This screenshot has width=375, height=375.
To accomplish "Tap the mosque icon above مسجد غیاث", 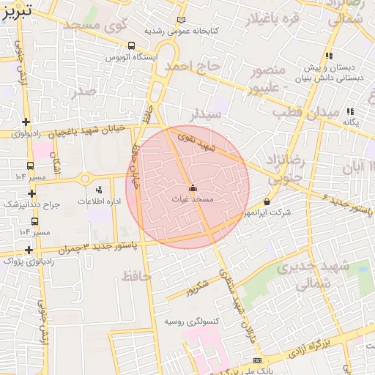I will [x=193, y=187].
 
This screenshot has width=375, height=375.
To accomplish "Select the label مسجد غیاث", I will [x=193, y=198].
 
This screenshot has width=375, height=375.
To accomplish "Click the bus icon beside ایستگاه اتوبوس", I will [x=131, y=45].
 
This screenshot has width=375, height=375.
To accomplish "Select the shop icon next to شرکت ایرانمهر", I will [x=266, y=201].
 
